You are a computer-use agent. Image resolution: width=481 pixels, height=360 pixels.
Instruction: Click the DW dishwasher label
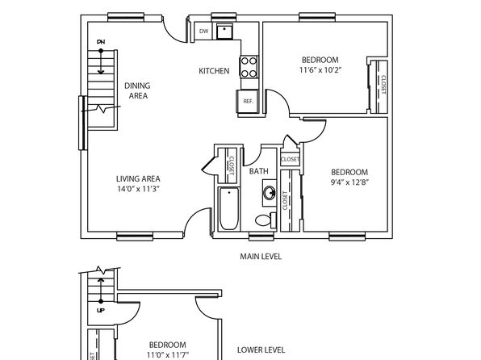tap(203, 31)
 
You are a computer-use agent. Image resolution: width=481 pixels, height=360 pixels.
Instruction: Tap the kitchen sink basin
tap(224, 31)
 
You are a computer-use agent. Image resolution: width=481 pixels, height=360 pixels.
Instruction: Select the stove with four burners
tap(249, 67)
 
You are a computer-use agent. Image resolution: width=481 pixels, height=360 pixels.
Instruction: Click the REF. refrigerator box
tap(248, 101)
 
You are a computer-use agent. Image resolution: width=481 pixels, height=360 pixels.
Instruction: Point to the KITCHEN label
tap(214, 71)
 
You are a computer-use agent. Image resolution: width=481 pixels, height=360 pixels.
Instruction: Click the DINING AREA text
tap(137, 90)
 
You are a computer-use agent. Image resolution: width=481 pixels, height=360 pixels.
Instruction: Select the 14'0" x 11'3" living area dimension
tap(138, 189)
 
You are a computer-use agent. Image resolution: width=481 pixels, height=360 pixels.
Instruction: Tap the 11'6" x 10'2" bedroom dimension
tap(320, 70)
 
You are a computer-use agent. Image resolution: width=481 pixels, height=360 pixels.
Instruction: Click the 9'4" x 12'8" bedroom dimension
tap(349, 182)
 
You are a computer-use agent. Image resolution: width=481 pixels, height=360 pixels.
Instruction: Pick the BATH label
tap(258, 171)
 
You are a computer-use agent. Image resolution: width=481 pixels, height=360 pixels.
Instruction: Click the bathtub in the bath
tap(229, 209)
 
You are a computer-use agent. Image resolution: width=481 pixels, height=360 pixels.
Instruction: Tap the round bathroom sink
tap(270, 194)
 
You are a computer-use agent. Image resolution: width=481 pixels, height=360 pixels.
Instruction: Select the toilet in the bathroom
tap(266, 220)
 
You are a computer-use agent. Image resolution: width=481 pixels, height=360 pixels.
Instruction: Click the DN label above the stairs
tap(101, 41)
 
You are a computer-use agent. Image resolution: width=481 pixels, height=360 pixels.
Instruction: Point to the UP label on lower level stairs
tap(101, 311)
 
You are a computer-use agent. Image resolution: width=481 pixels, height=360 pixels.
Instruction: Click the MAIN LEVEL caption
tap(261, 256)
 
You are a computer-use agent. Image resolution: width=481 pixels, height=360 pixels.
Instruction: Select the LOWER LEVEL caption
tap(261, 350)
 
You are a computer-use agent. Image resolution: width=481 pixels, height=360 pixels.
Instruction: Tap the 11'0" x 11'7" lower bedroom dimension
tap(168, 355)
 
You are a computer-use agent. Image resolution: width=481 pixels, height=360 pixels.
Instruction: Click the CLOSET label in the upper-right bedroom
tap(383, 84)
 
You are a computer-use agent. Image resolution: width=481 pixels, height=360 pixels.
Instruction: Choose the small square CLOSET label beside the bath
tap(290, 159)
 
